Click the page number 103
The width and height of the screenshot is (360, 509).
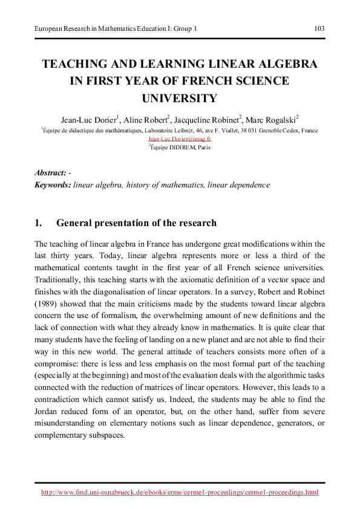[319, 28]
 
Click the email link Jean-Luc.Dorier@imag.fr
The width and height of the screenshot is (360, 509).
[179, 138]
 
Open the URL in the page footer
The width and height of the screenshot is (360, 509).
[179, 493]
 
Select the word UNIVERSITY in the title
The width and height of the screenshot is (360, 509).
[179, 98]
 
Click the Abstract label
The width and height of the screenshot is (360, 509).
[51, 173]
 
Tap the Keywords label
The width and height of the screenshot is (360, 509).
[53, 184]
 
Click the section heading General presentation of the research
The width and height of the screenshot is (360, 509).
[136, 223]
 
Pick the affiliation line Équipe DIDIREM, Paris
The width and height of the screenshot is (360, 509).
[180, 147]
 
